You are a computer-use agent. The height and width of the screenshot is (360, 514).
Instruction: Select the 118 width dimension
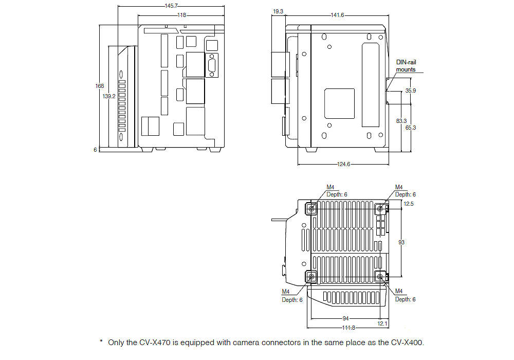click(181, 15)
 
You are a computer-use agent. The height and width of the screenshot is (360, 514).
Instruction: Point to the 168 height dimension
click(100, 86)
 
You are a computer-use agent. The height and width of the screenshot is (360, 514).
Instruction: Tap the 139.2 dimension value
click(108, 96)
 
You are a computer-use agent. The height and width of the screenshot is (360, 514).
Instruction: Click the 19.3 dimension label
click(278, 11)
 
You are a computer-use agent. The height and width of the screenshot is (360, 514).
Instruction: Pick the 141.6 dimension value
click(337, 15)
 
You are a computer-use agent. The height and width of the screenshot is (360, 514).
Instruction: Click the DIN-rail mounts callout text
click(406, 65)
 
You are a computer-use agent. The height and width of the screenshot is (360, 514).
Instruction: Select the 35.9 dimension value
click(411, 91)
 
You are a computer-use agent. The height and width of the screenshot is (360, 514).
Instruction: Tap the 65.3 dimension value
click(411, 127)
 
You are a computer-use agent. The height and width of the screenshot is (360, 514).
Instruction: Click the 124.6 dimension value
click(343, 164)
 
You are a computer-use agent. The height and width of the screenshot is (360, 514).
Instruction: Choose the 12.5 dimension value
click(409, 204)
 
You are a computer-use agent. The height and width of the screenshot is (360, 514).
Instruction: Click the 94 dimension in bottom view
click(345, 318)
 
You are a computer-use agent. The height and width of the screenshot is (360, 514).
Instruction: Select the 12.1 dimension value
click(382, 323)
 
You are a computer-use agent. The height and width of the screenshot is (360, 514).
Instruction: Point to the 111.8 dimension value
click(345, 328)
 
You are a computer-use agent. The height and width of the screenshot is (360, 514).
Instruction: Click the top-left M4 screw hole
click(311, 209)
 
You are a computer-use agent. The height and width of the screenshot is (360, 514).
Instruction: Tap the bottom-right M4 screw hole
click(380, 277)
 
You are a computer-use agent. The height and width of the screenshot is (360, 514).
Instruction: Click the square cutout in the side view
click(339, 102)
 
